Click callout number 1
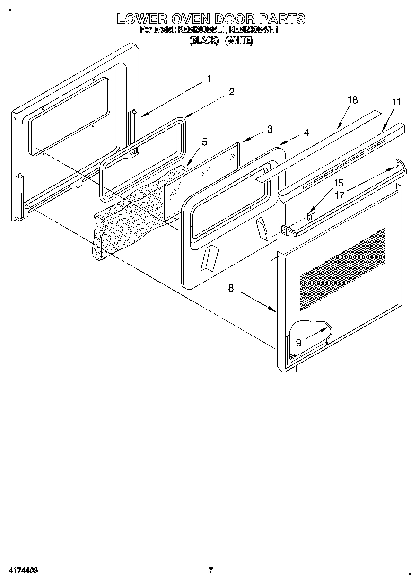point(209,79)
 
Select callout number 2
point(232,92)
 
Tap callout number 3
point(269,129)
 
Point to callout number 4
point(306,133)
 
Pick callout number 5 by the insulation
point(204,142)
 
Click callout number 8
point(231,288)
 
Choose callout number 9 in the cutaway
point(298,342)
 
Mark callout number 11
point(396,101)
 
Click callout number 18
point(352,100)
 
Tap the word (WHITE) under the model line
point(239,41)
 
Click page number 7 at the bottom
point(211,570)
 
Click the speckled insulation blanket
point(128,218)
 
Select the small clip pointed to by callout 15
point(310,217)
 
